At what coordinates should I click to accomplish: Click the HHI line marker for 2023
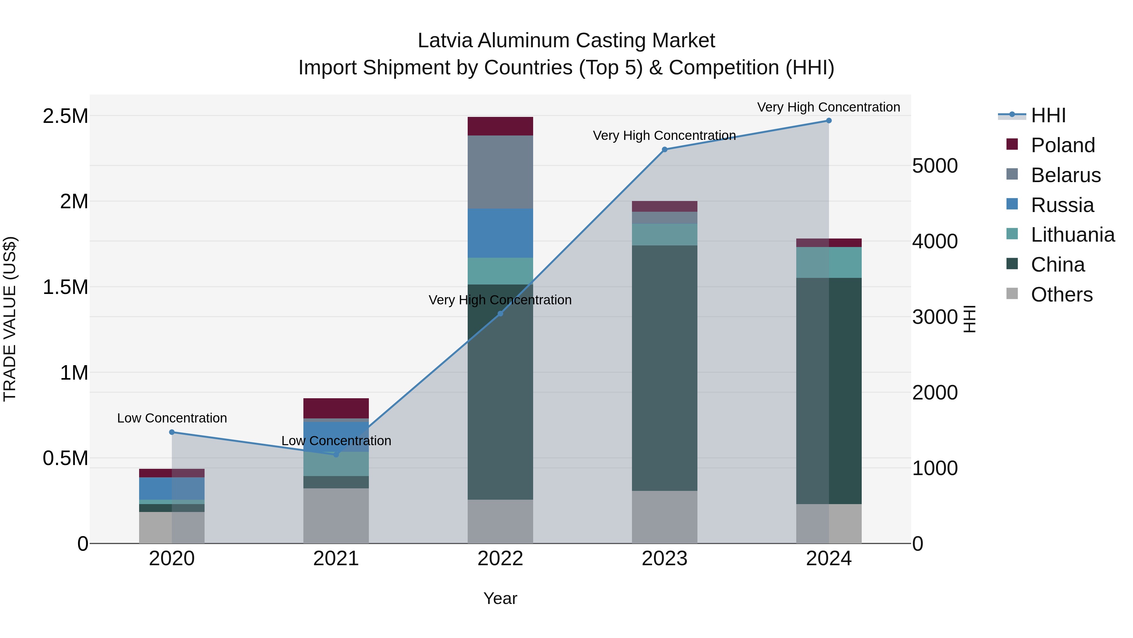pyautogui.click(x=664, y=150)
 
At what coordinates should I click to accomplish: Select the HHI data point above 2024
pyautogui.click(x=829, y=121)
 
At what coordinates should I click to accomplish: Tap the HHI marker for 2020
pyautogui.click(x=172, y=432)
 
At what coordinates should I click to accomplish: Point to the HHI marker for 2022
pyautogui.click(x=500, y=313)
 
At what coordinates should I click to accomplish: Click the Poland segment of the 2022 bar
pyautogui.click(x=500, y=126)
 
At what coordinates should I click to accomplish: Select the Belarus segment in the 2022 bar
pyautogui.click(x=500, y=172)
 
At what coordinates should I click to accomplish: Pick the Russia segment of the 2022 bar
pyautogui.click(x=500, y=233)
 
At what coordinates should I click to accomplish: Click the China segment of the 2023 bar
pyautogui.click(x=664, y=368)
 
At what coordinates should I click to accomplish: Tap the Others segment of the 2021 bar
pyautogui.click(x=336, y=515)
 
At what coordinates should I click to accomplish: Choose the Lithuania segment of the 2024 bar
pyautogui.click(x=829, y=262)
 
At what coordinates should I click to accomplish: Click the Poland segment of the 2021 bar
pyautogui.click(x=336, y=408)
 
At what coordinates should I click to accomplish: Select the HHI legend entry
pyautogui.click(x=1048, y=115)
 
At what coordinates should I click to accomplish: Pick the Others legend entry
pyautogui.click(x=1061, y=295)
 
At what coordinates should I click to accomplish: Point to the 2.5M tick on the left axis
pyautogui.click(x=65, y=116)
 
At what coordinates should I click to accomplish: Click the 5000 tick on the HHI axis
pyautogui.click(x=935, y=166)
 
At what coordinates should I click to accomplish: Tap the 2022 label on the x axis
pyautogui.click(x=500, y=559)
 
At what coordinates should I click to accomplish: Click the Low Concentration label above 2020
pyautogui.click(x=172, y=418)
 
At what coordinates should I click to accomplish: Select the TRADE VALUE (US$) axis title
pyautogui.click(x=10, y=319)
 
